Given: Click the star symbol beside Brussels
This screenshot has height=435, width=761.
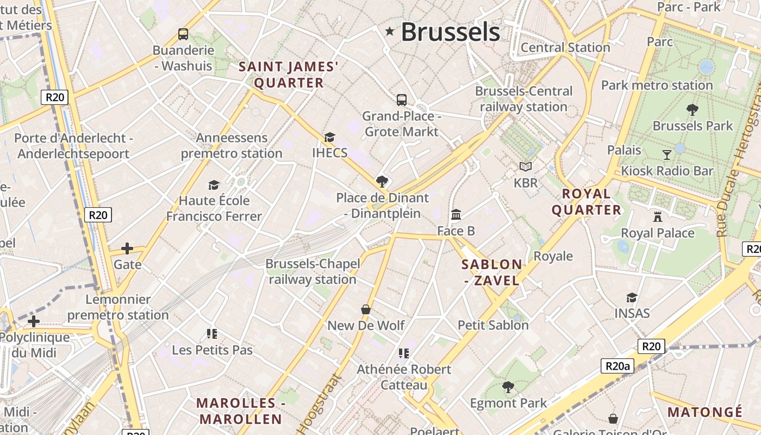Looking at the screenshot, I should click(x=389, y=31).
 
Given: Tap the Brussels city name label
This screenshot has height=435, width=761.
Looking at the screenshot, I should click(x=450, y=32).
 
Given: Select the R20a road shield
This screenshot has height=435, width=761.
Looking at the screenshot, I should click(x=617, y=366).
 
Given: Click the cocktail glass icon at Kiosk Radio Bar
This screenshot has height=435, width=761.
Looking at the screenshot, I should click(x=667, y=155).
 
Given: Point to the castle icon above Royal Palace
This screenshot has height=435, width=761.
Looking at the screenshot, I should click(x=658, y=217).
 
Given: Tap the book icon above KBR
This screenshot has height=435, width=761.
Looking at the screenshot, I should click(x=525, y=166).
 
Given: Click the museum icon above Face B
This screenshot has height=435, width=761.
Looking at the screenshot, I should click(x=456, y=215).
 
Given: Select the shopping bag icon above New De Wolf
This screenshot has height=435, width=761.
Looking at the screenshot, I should click(x=366, y=309).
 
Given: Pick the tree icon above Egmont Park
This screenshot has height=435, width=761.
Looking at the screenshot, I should click(x=508, y=387).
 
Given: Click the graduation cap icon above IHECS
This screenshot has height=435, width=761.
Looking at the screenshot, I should click(x=329, y=137).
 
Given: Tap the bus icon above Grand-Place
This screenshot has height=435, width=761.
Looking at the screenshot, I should click(x=401, y=100).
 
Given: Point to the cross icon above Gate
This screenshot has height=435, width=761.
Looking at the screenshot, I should click(x=127, y=248).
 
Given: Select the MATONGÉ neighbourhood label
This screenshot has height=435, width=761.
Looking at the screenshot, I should click(x=704, y=412).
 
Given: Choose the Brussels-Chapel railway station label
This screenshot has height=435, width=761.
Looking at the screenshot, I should click(x=313, y=271).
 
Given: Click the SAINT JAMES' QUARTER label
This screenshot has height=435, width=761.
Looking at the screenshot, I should click(x=289, y=75).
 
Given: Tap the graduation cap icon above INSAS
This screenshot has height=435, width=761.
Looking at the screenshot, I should click(x=632, y=297).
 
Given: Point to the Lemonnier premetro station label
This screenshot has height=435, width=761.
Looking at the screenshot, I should click(x=118, y=307).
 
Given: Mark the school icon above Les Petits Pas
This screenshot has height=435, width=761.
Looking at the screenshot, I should click(x=212, y=333).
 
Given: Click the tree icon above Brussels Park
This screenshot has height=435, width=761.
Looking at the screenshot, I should click(x=693, y=110).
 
